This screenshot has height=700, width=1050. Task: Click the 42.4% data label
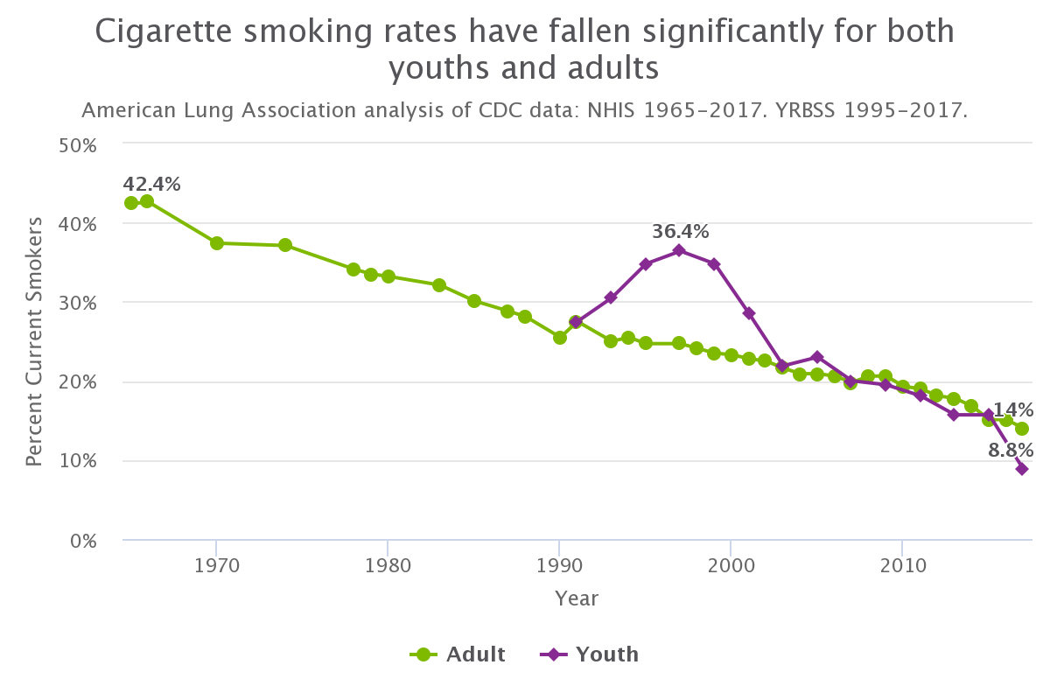[151, 185]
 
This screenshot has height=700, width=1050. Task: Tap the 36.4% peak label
[680, 232]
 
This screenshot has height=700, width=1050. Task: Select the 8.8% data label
[1011, 451]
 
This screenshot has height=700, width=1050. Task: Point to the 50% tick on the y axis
[77, 143]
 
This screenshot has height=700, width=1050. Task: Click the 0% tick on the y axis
[82, 540]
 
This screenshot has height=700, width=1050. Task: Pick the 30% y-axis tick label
[77, 303]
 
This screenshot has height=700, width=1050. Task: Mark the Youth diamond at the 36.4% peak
[679, 251]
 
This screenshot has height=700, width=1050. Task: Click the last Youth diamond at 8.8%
[1021, 469]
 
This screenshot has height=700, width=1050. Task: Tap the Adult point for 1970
[217, 243]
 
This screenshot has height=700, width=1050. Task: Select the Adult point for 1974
[285, 245]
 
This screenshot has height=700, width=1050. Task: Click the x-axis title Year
[577, 598]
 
